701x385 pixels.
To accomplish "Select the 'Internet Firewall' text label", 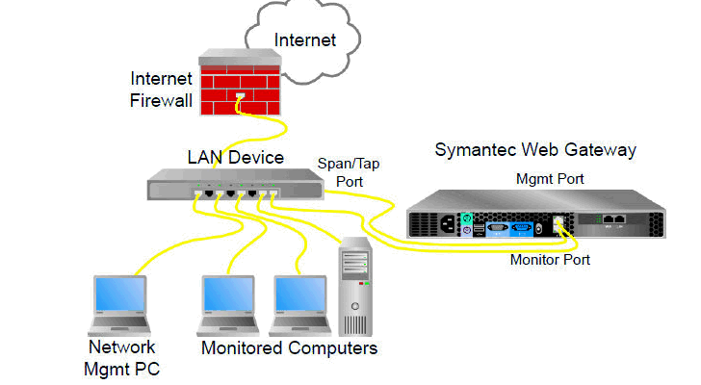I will pos(162,89).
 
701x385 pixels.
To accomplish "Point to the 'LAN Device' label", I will pos(235,157).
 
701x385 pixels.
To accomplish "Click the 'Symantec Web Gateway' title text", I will pos(535,150).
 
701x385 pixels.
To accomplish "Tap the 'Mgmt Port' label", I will pos(551,179).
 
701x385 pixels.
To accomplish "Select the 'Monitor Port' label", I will pos(550,260).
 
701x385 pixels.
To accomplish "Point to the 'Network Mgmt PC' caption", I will pos(121,356).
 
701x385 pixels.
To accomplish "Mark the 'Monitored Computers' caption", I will pos(289,347).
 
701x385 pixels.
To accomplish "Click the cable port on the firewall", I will pos(240,95).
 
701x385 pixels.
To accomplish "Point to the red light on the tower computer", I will pos(364,284).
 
